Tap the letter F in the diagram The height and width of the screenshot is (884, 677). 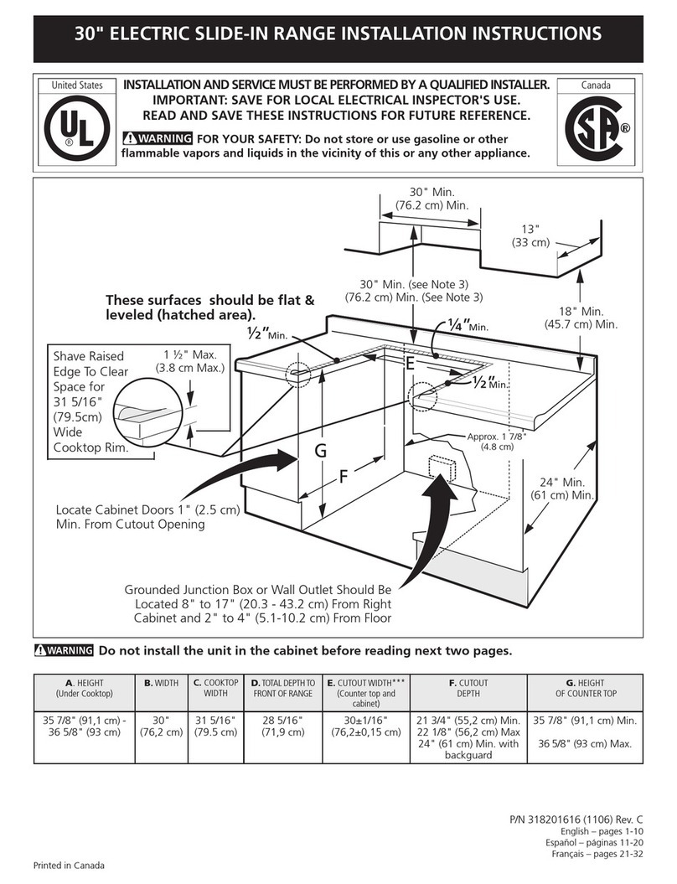(x=343, y=478)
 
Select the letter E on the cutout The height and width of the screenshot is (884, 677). (x=410, y=364)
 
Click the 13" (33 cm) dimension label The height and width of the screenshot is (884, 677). (x=530, y=236)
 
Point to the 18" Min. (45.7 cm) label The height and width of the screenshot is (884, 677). (x=581, y=318)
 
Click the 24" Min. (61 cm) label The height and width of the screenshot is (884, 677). (x=561, y=489)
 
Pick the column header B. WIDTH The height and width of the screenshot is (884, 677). (x=161, y=683)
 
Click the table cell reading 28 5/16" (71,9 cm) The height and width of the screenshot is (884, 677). (x=282, y=726)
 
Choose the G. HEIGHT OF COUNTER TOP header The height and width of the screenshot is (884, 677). (x=586, y=688)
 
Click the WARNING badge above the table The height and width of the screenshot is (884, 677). (x=64, y=651)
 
